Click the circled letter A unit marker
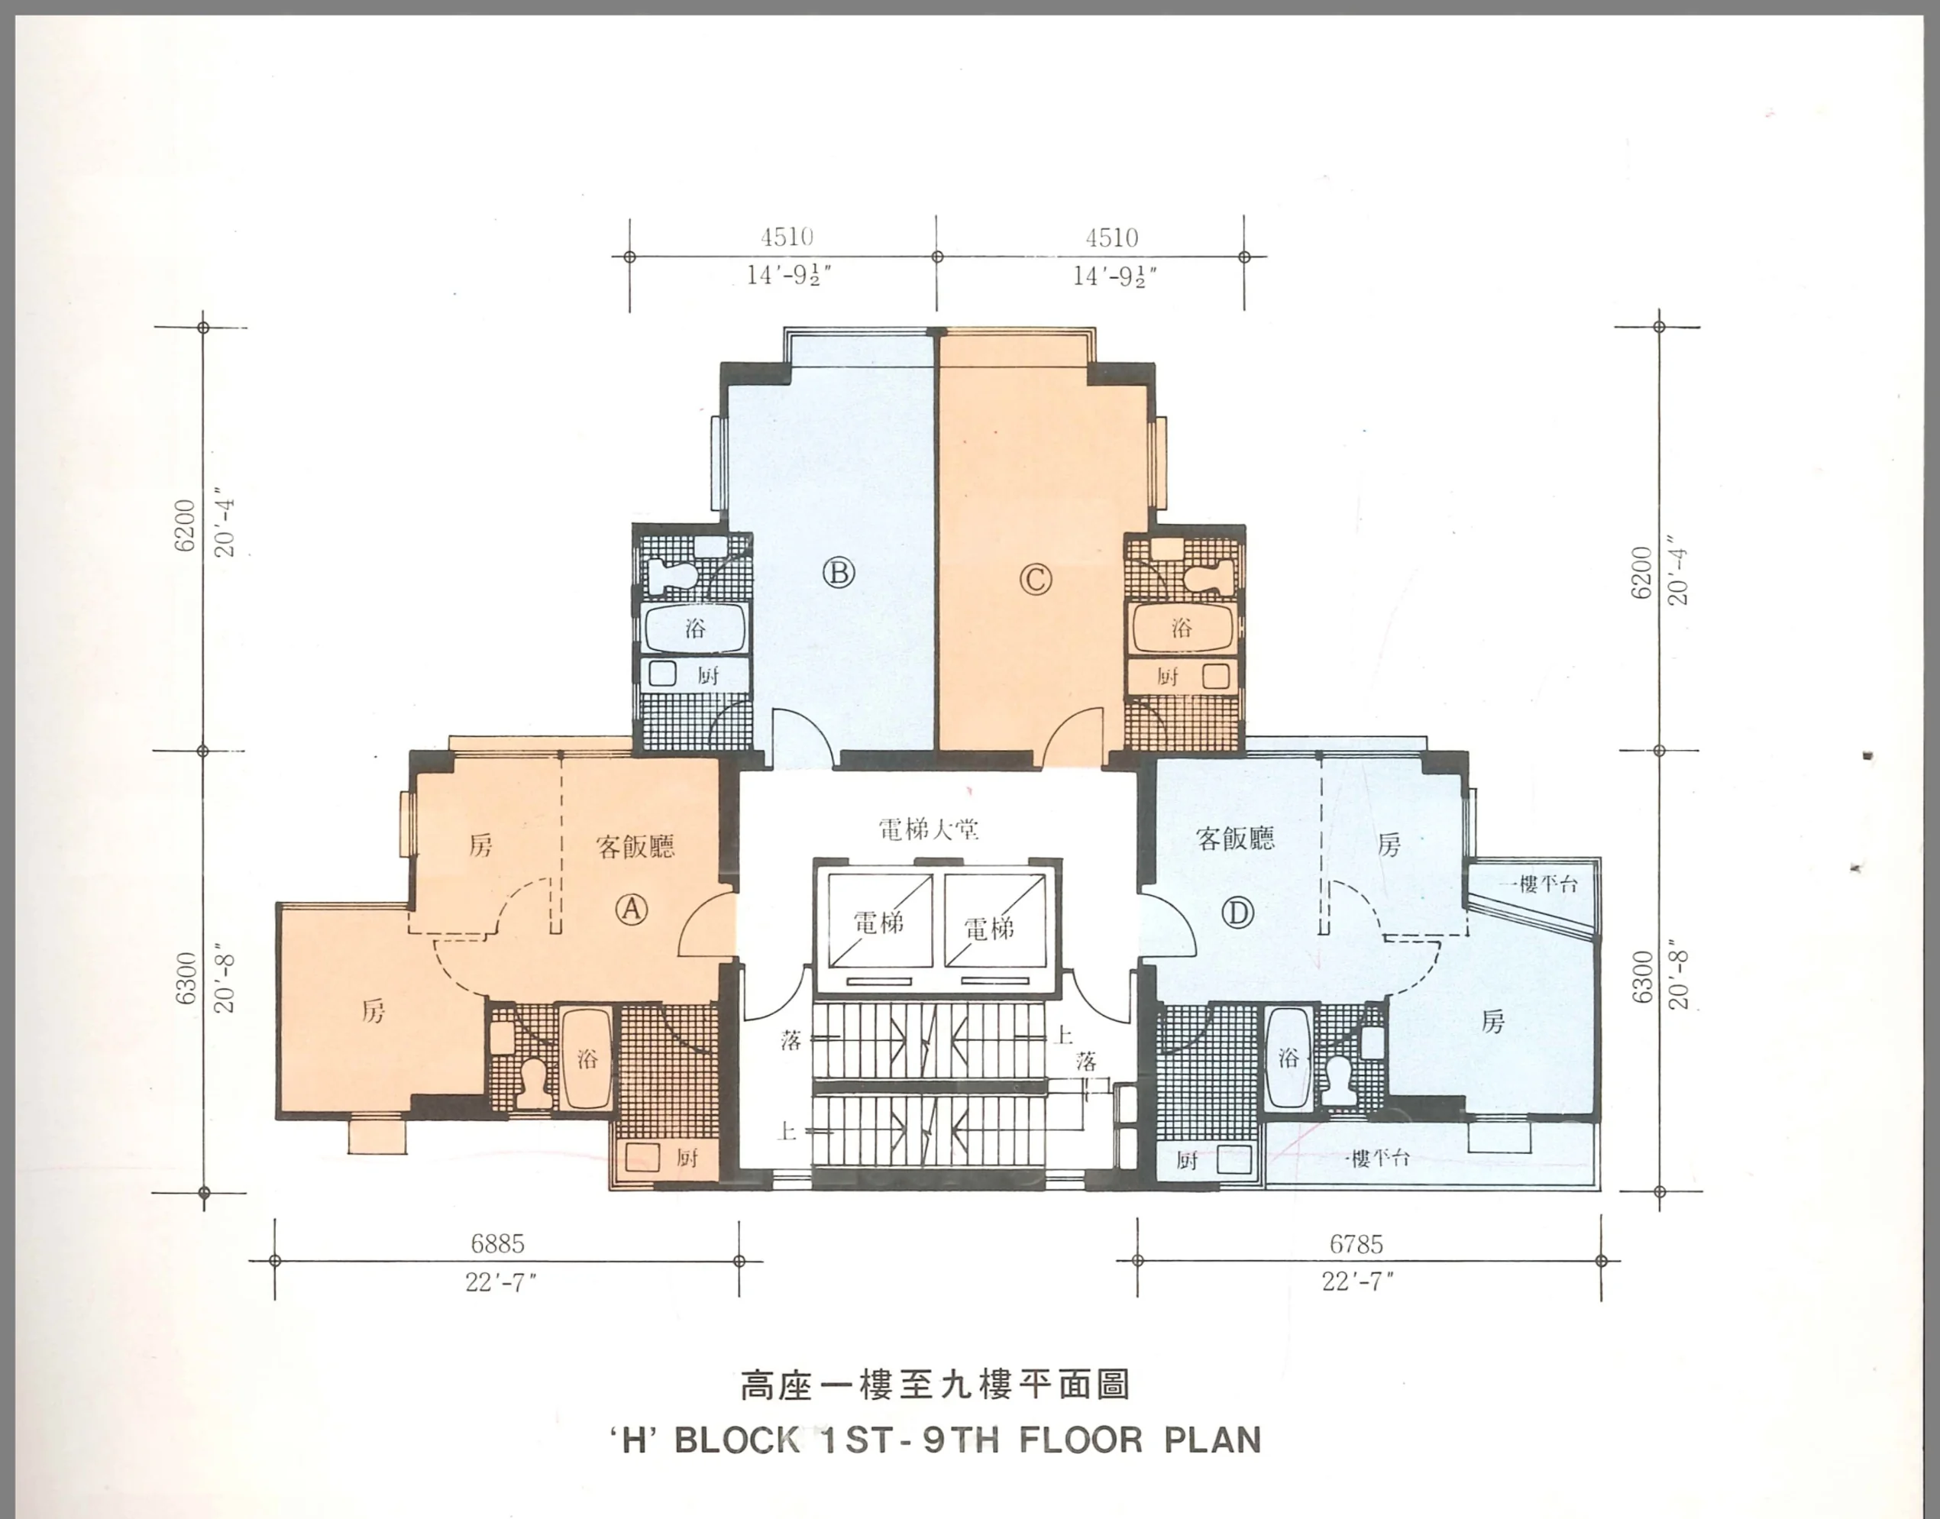pyautogui.click(x=632, y=908)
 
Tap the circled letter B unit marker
pyautogui.click(x=838, y=573)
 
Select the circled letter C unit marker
pyautogui.click(x=1034, y=580)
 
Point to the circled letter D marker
pyautogui.click(x=1237, y=912)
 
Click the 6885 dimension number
pyautogui.click(x=497, y=1243)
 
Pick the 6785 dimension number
pyautogui.click(x=1356, y=1243)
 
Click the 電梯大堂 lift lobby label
pyautogui.click(x=929, y=829)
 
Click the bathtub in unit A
pyautogui.click(x=585, y=1058)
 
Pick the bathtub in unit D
pyautogui.click(x=1287, y=1058)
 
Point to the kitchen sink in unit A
pyautogui.click(x=642, y=1157)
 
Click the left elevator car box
pyautogui.click(x=880, y=920)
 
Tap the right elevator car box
pyautogui.click(x=994, y=920)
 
